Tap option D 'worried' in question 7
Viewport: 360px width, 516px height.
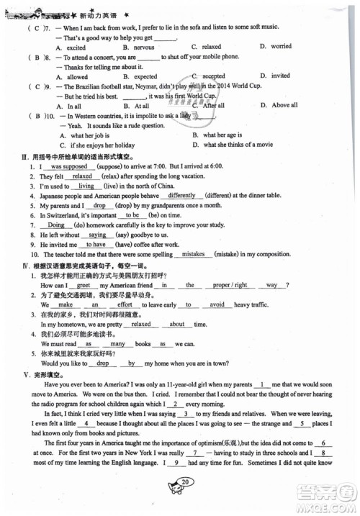point(281,46)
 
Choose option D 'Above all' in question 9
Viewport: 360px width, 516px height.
point(284,105)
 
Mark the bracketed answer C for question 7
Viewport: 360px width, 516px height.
point(35,27)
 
